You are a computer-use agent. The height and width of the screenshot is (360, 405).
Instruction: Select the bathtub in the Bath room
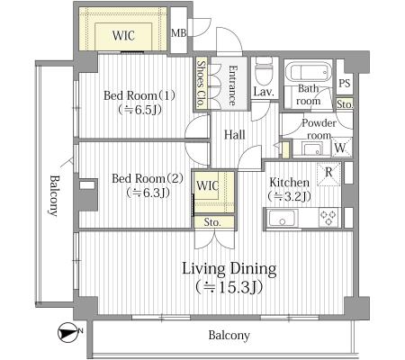[308, 71]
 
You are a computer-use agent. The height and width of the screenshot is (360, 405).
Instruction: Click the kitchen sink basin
[282, 218]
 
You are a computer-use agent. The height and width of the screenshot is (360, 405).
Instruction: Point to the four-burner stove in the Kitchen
[328, 218]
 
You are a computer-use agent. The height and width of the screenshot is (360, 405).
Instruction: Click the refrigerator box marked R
[328, 174]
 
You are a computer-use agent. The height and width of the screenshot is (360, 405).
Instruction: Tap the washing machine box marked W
[341, 147]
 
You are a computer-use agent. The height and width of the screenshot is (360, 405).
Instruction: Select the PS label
[345, 83]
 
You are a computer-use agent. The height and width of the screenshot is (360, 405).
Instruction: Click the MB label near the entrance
[178, 32]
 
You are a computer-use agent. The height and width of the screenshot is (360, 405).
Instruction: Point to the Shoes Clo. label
[201, 84]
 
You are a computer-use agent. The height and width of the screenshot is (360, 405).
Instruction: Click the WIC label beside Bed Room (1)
[123, 35]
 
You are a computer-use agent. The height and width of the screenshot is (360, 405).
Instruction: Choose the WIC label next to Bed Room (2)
[208, 185]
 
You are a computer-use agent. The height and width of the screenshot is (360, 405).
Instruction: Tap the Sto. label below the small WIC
[212, 222]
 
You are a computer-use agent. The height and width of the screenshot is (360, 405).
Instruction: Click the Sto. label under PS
[345, 104]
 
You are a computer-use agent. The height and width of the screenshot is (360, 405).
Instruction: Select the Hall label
[235, 135]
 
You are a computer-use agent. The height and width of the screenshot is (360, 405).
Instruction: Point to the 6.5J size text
[140, 110]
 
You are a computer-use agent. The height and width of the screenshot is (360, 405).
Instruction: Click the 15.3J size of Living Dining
[229, 287]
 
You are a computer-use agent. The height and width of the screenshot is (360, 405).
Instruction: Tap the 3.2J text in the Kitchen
[290, 196]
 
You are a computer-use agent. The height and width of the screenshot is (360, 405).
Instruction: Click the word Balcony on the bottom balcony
[229, 336]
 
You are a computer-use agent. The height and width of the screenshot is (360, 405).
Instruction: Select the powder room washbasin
[312, 148]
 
